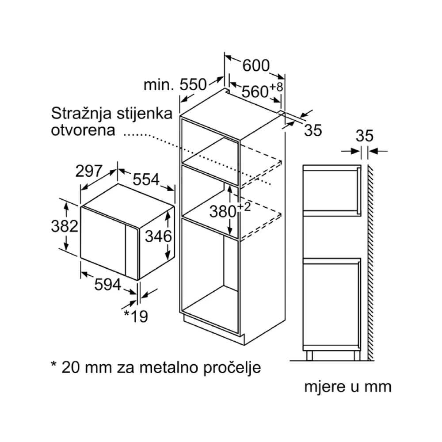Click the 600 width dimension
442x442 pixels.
256,65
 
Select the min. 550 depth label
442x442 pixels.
175,84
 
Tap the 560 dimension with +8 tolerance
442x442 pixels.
262,90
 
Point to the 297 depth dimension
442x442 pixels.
88,171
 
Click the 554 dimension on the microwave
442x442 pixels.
146,179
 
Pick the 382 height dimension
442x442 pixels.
65,226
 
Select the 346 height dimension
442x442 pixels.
158,236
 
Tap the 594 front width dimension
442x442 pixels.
108,284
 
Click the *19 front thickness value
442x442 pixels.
136,316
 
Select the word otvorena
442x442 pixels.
83,130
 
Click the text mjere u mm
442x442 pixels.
348,387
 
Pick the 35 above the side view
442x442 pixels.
365,136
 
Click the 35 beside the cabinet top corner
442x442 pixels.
313,130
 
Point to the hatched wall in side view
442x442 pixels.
371,263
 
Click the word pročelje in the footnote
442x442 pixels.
232,368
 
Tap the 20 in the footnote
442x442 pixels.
70,368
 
